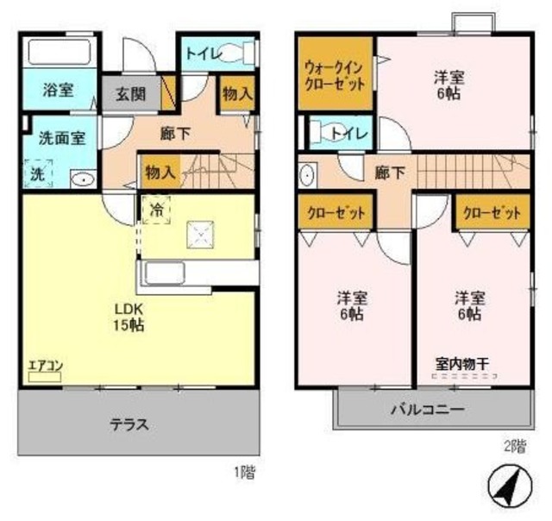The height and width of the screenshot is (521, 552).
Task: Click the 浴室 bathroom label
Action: [x=58, y=91]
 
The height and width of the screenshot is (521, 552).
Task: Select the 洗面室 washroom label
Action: [x=61, y=138]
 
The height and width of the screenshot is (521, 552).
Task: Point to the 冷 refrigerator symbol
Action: [x=157, y=209]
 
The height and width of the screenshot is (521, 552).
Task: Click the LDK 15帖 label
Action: [x=125, y=317]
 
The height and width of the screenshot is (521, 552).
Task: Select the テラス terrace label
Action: [x=130, y=424]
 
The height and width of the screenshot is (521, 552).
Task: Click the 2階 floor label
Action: [x=514, y=446]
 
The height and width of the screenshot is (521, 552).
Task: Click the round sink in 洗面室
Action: [x=81, y=179]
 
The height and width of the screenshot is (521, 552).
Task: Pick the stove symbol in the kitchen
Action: [x=203, y=232]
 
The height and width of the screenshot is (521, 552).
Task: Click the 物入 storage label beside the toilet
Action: [x=236, y=95]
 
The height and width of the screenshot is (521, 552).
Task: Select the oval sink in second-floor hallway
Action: [x=308, y=175]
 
